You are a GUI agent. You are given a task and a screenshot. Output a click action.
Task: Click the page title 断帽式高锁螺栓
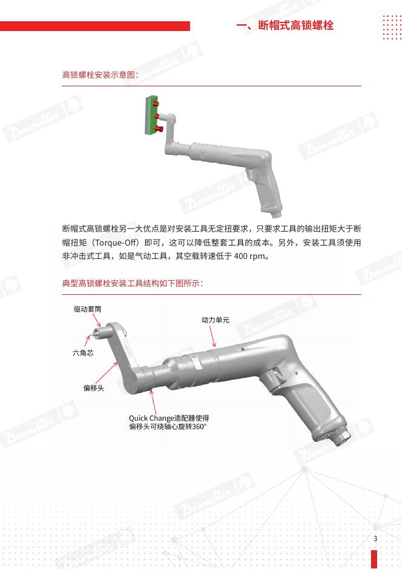pyautogui.click(x=296, y=26)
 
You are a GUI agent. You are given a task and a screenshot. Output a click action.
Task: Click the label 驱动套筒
pyautogui.click(x=87, y=309)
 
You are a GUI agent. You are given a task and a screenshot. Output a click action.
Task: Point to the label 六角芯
pyautogui.click(x=83, y=353)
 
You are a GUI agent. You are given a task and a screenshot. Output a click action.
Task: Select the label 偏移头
pyautogui.click(x=94, y=388)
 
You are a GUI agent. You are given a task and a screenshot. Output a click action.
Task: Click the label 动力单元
pyautogui.click(x=216, y=320)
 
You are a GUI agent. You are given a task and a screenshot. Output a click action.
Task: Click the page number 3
pyautogui.click(x=375, y=539)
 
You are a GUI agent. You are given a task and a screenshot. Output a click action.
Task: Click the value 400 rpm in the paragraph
pyautogui.click(x=250, y=256)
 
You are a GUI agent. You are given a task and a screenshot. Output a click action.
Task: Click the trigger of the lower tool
pyautogui.click(x=278, y=377)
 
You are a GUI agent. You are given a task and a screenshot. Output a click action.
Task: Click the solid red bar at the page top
pyautogui.click(x=95, y=26)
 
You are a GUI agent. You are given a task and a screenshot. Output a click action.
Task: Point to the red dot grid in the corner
pyautogui.click(x=392, y=27)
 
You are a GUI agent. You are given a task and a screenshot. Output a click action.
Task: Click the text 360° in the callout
pyautogui.click(x=199, y=427)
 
